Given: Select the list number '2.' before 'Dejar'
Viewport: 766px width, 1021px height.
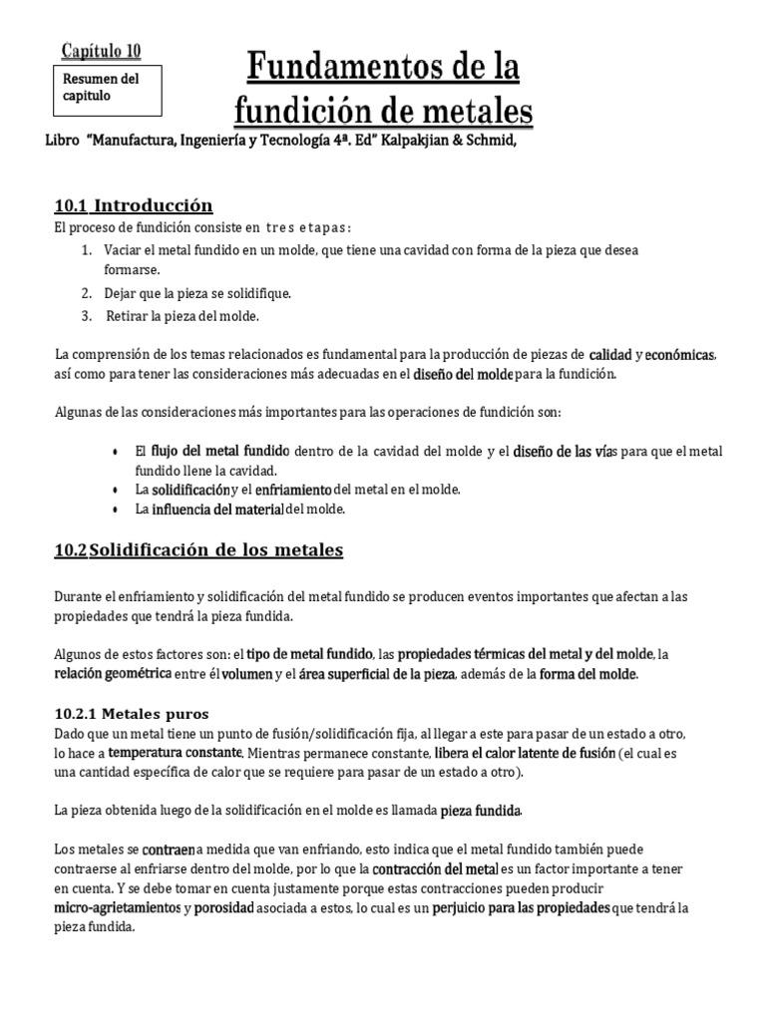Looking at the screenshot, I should pos(88,293).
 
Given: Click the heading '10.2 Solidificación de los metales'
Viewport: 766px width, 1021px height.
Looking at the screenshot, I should pos(198,549).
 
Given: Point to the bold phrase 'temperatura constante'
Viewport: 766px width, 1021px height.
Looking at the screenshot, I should pos(176,751).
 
